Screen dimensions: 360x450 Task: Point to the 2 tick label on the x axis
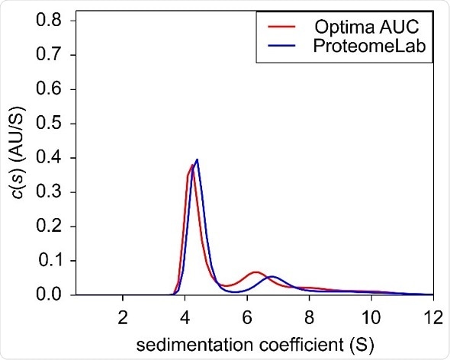click(x=123, y=313)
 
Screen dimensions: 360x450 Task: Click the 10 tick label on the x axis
click(x=371, y=313)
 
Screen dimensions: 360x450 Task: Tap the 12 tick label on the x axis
click(x=432, y=313)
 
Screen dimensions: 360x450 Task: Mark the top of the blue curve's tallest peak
click(x=197, y=159)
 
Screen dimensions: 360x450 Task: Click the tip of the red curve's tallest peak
click(x=192, y=164)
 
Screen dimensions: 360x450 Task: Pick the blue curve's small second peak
click(x=272, y=276)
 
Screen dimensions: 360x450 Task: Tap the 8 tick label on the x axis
click(x=309, y=313)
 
